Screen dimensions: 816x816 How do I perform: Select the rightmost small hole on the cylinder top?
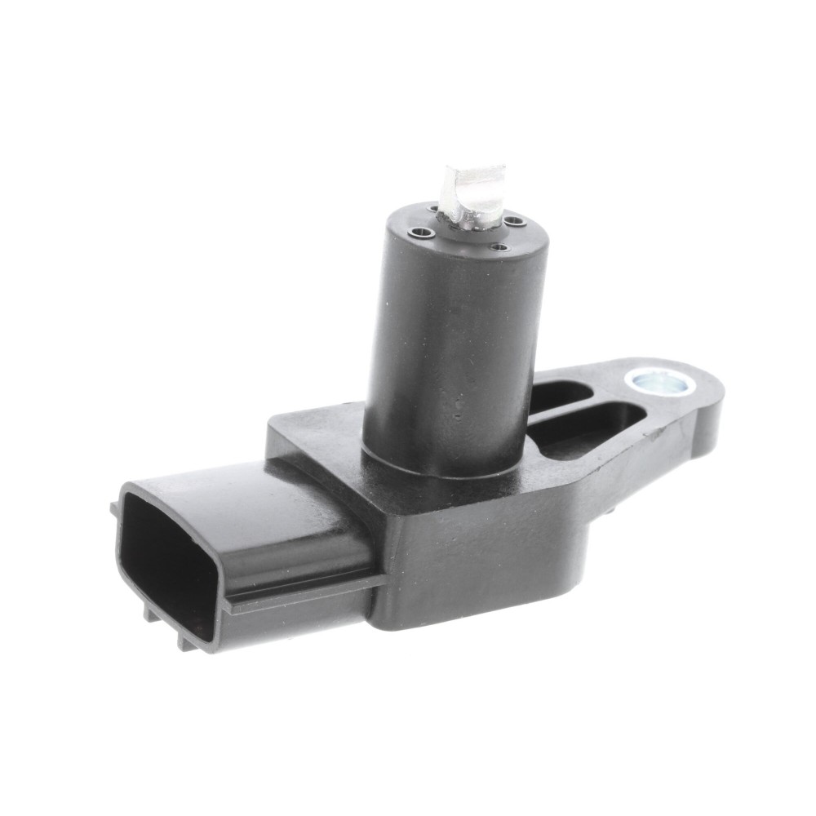pos(516,218)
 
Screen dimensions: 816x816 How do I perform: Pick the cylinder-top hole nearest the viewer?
pos(499,246)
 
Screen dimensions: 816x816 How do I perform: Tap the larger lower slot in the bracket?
pos(596,426)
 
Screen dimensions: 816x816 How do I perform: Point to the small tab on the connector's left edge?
pos(114,510)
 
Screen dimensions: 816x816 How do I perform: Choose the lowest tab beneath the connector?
pos(187,641)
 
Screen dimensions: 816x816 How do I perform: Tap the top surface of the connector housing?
pos(245,498)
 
